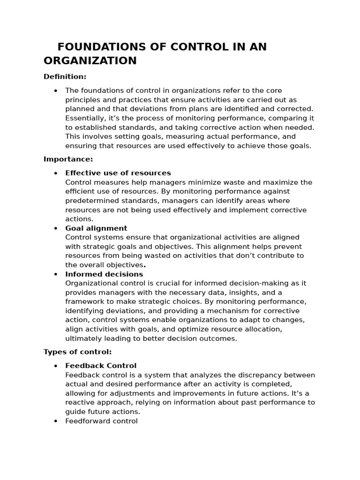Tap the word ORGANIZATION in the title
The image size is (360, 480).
tap(90, 60)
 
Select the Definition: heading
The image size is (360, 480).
tap(65, 76)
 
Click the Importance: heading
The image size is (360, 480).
tap(68, 159)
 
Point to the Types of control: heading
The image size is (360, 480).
tap(77, 352)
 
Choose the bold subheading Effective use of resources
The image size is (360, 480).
tap(118, 173)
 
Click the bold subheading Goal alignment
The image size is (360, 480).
tap(96, 228)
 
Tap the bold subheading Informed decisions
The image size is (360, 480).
tap(104, 274)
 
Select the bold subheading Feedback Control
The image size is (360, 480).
tap(101, 366)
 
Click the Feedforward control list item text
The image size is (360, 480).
tap(101, 421)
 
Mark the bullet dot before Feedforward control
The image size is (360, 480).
tap(56, 421)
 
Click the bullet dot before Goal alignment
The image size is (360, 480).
tap(56, 228)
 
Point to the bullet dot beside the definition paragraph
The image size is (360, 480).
tap(56, 90)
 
